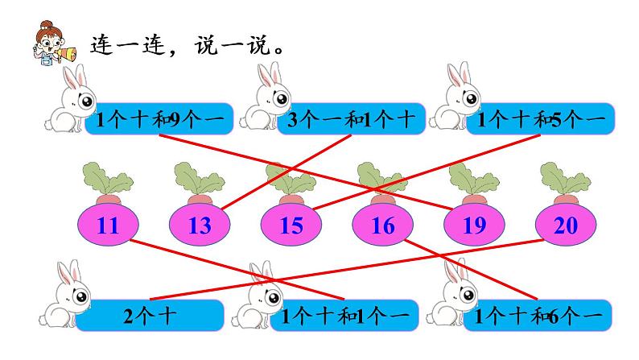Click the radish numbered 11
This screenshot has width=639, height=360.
click(107, 226)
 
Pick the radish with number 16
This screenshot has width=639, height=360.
click(384, 226)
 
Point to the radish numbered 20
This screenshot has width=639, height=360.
click(567, 226)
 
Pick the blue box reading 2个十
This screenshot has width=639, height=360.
click(150, 315)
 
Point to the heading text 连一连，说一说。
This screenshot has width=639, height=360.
click(188, 44)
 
